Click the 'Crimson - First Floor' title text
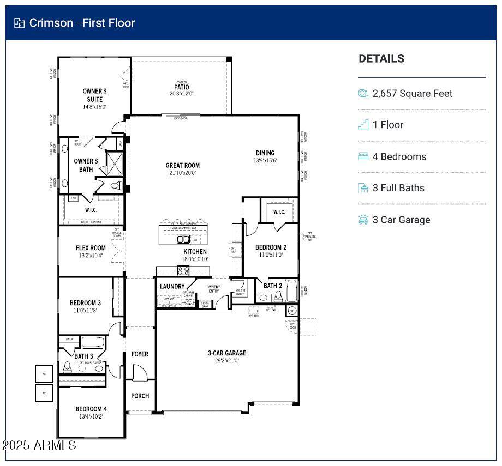pyautogui.click(x=82, y=23)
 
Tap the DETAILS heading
pyautogui.click(x=381, y=59)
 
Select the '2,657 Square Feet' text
pyautogui.click(x=413, y=94)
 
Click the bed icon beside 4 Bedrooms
pyautogui.click(x=363, y=156)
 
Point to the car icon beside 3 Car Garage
pyautogui.click(x=363, y=220)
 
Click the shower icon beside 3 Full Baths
pyautogui.click(x=363, y=188)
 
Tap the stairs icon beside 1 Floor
pyautogui.click(x=363, y=125)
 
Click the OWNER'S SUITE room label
pyautogui.click(x=94, y=95)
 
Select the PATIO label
pyautogui.click(x=182, y=87)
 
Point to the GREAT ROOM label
pyautogui.click(x=183, y=165)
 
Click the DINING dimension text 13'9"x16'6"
pyautogui.click(x=265, y=161)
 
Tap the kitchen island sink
pyautogui.click(x=183, y=239)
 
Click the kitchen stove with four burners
pyautogui.click(x=183, y=271)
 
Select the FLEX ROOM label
pyautogui.click(x=91, y=248)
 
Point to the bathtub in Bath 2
pyautogui.click(x=292, y=291)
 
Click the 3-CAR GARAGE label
pyautogui.click(x=227, y=353)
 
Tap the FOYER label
pyautogui.click(x=140, y=354)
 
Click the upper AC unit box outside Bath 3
pyautogui.click(x=44, y=373)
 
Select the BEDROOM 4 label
pyautogui.click(x=91, y=409)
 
